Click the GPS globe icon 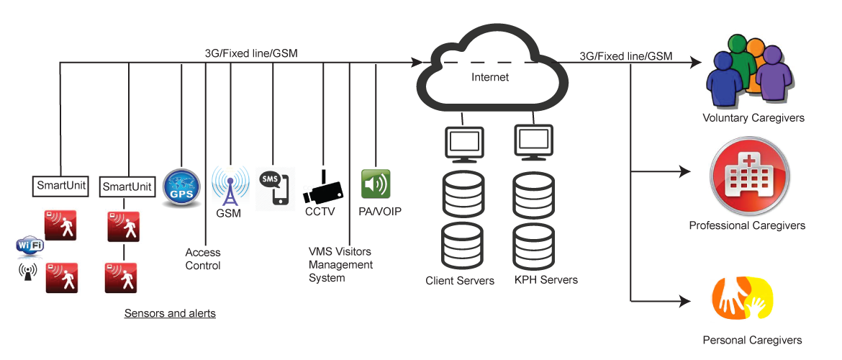[181, 189]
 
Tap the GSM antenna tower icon [230, 186]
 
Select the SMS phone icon [276, 189]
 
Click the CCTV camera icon [322, 189]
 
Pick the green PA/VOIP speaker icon [376, 184]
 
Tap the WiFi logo [30, 246]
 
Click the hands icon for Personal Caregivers [741, 300]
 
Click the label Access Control [203, 259]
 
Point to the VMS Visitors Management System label [340, 265]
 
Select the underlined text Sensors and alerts [170, 314]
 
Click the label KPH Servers [546, 280]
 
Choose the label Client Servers [460, 281]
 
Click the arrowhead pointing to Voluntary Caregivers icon [696, 63]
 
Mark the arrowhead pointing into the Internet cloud [417, 63]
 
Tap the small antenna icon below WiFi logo [30, 272]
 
